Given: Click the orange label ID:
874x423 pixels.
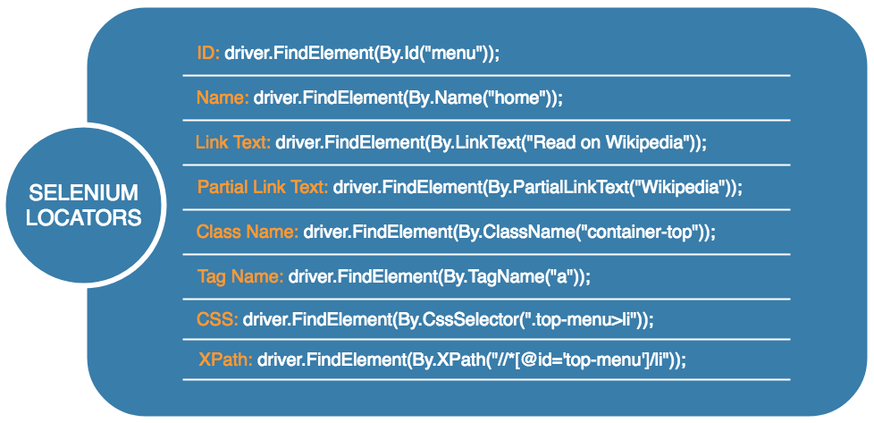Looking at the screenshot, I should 208,53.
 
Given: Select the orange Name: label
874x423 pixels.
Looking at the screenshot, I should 223,98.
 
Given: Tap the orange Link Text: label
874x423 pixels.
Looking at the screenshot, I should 233,142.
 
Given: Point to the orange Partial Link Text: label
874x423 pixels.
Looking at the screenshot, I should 263,188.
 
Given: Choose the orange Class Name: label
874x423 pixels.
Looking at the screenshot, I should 248,233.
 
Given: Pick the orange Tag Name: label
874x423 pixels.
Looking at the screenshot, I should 240,276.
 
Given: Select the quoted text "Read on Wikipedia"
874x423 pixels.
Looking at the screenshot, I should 611,142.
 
